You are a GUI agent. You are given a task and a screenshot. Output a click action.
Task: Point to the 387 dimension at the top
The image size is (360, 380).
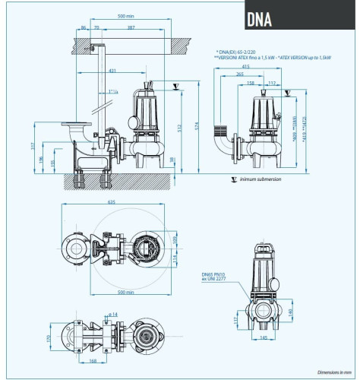tap(132, 28)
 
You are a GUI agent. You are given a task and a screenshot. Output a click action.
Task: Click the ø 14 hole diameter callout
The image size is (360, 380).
tap(112, 315)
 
